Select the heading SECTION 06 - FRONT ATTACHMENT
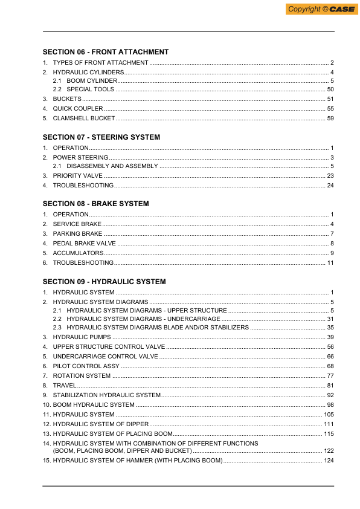click(x=106, y=52)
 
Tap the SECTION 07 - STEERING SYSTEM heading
click(x=101, y=137)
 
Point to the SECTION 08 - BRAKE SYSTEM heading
click(x=96, y=204)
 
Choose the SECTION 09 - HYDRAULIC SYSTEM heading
click(x=104, y=282)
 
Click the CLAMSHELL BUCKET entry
click(x=84, y=118)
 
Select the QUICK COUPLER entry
click(x=78, y=108)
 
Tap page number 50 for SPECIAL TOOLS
click(x=330, y=89)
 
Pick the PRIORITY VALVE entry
click(x=79, y=175)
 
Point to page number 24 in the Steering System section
click(x=330, y=185)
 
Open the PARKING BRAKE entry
click(x=78, y=233)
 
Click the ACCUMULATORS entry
click(x=78, y=253)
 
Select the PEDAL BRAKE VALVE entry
click(x=85, y=243)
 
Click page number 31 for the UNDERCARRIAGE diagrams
click(x=330, y=319)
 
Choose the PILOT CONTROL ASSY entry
click(x=86, y=366)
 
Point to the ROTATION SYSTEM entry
click(x=82, y=375)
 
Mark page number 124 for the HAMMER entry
click(x=329, y=461)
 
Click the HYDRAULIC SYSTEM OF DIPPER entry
click(x=101, y=424)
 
